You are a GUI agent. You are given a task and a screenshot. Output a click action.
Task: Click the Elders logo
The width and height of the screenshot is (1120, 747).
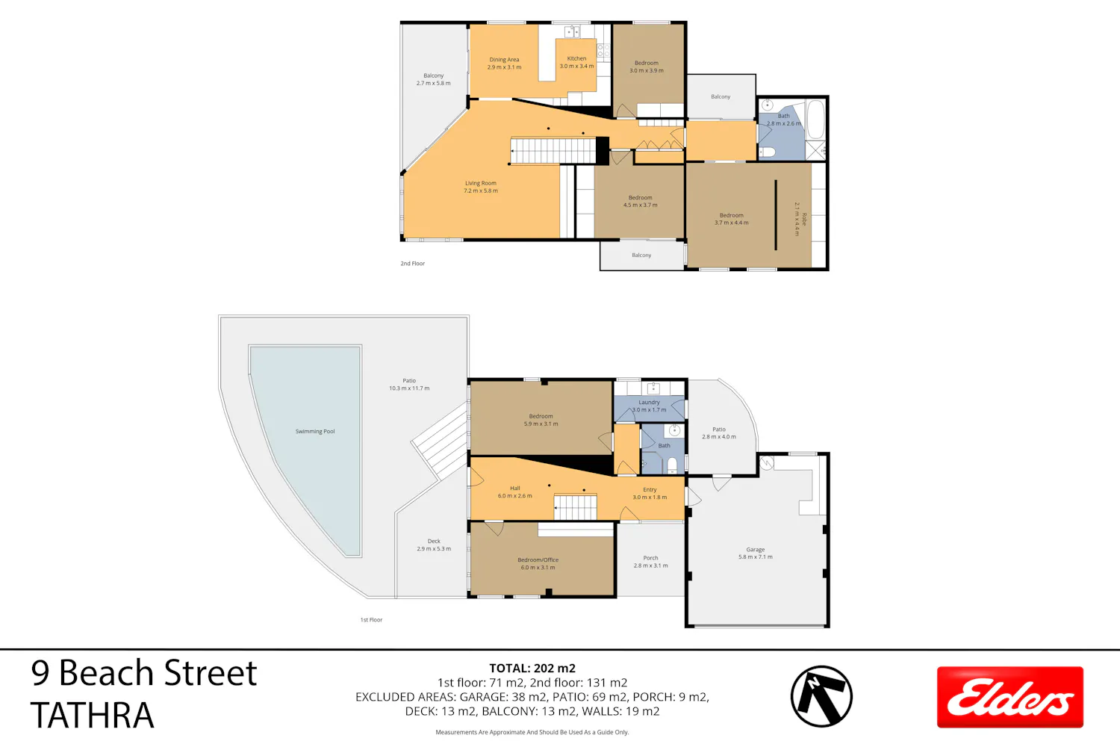pyautogui.click(x=1010, y=697)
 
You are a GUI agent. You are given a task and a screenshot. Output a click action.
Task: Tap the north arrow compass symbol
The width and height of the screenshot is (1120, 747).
pyautogui.click(x=821, y=696)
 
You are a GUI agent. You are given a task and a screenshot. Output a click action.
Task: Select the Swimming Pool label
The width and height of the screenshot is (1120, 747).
pyautogui.click(x=315, y=431)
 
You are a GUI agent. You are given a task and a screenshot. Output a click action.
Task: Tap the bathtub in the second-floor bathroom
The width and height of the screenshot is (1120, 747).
pyautogui.click(x=815, y=120)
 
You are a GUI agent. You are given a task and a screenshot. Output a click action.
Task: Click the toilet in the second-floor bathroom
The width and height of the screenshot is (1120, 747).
pyautogui.click(x=767, y=152)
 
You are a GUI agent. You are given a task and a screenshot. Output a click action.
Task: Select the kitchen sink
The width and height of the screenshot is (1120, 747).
pyautogui.click(x=572, y=31)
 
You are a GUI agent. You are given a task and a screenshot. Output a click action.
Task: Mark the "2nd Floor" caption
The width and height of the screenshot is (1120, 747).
pyautogui.click(x=412, y=263)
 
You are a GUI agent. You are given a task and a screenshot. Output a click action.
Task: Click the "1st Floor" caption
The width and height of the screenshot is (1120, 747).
pyautogui.click(x=372, y=619)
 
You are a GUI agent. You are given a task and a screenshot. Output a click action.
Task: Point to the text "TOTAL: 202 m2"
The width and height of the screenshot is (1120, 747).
pyautogui.click(x=532, y=668)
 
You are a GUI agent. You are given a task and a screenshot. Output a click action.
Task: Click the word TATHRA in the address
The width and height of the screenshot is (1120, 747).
pyautogui.click(x=93, y=714)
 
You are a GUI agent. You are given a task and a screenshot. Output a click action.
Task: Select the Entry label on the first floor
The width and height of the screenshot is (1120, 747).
pyautogui.click(x=650, y=490)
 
